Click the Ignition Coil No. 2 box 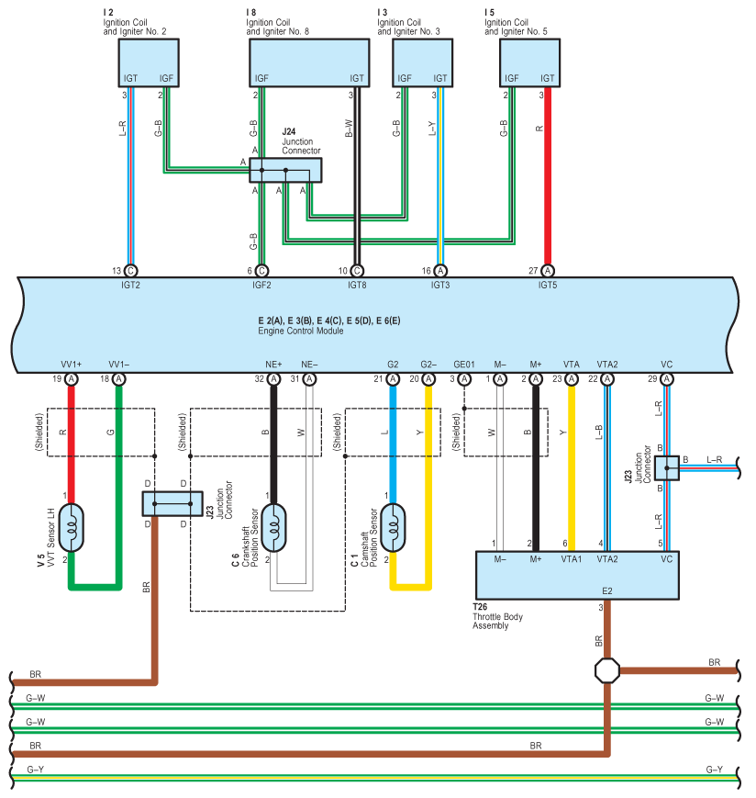[149, 62]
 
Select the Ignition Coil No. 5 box [529, 62]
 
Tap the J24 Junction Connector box [285, 170]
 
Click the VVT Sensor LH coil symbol [72, 528]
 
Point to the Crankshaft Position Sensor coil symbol [273, 528]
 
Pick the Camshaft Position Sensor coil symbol [393, 528]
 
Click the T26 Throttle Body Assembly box [577, 575]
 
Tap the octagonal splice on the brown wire [607, 670]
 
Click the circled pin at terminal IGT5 [548, 271]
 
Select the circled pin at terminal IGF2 [261, 271]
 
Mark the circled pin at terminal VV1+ [72, 379]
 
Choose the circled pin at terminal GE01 [464, 379]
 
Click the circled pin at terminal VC [666, 379]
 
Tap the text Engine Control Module [300, 331]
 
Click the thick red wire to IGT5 [548, 175]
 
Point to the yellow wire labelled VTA [572, 468]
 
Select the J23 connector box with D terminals [172, 504]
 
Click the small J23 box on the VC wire [666, 467]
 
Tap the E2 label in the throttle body [607, 590]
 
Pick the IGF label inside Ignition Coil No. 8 [261, 78]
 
